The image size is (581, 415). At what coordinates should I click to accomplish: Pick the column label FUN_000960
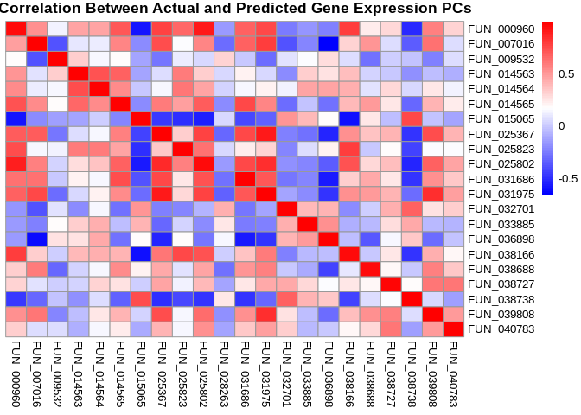click(x=16, y=373)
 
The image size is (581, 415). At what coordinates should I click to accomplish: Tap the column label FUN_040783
click(x=454, y=373)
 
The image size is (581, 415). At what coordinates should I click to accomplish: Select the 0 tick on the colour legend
click(x=561, y=126)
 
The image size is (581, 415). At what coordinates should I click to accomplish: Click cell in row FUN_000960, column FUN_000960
click(x=16, y=29)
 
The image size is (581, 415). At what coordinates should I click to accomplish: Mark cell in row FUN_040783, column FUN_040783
click(x=454, y=329)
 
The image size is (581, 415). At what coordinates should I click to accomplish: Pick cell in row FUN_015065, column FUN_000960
click(x=16, y=118)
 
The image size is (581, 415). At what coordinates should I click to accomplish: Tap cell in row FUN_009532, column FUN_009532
click(x=57, y=59)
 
